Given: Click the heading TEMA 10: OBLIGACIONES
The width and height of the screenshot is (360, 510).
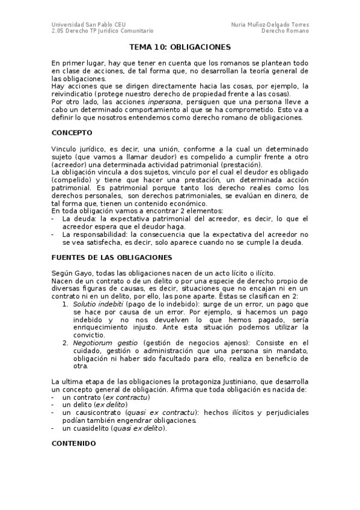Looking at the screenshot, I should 180,46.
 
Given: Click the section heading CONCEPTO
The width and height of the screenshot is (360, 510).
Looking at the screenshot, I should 72,132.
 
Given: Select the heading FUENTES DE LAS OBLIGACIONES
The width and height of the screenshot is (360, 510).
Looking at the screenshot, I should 112,257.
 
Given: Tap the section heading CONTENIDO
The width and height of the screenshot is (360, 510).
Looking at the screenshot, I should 73,443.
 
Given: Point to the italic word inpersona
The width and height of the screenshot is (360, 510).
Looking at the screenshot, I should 164,102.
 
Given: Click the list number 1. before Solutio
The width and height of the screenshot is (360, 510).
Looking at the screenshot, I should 66,304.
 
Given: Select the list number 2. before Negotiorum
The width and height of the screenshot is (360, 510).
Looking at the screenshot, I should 66,342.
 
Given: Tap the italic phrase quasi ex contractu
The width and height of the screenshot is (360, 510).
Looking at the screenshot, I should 161,413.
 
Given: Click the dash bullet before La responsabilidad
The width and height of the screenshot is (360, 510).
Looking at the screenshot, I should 54,235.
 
